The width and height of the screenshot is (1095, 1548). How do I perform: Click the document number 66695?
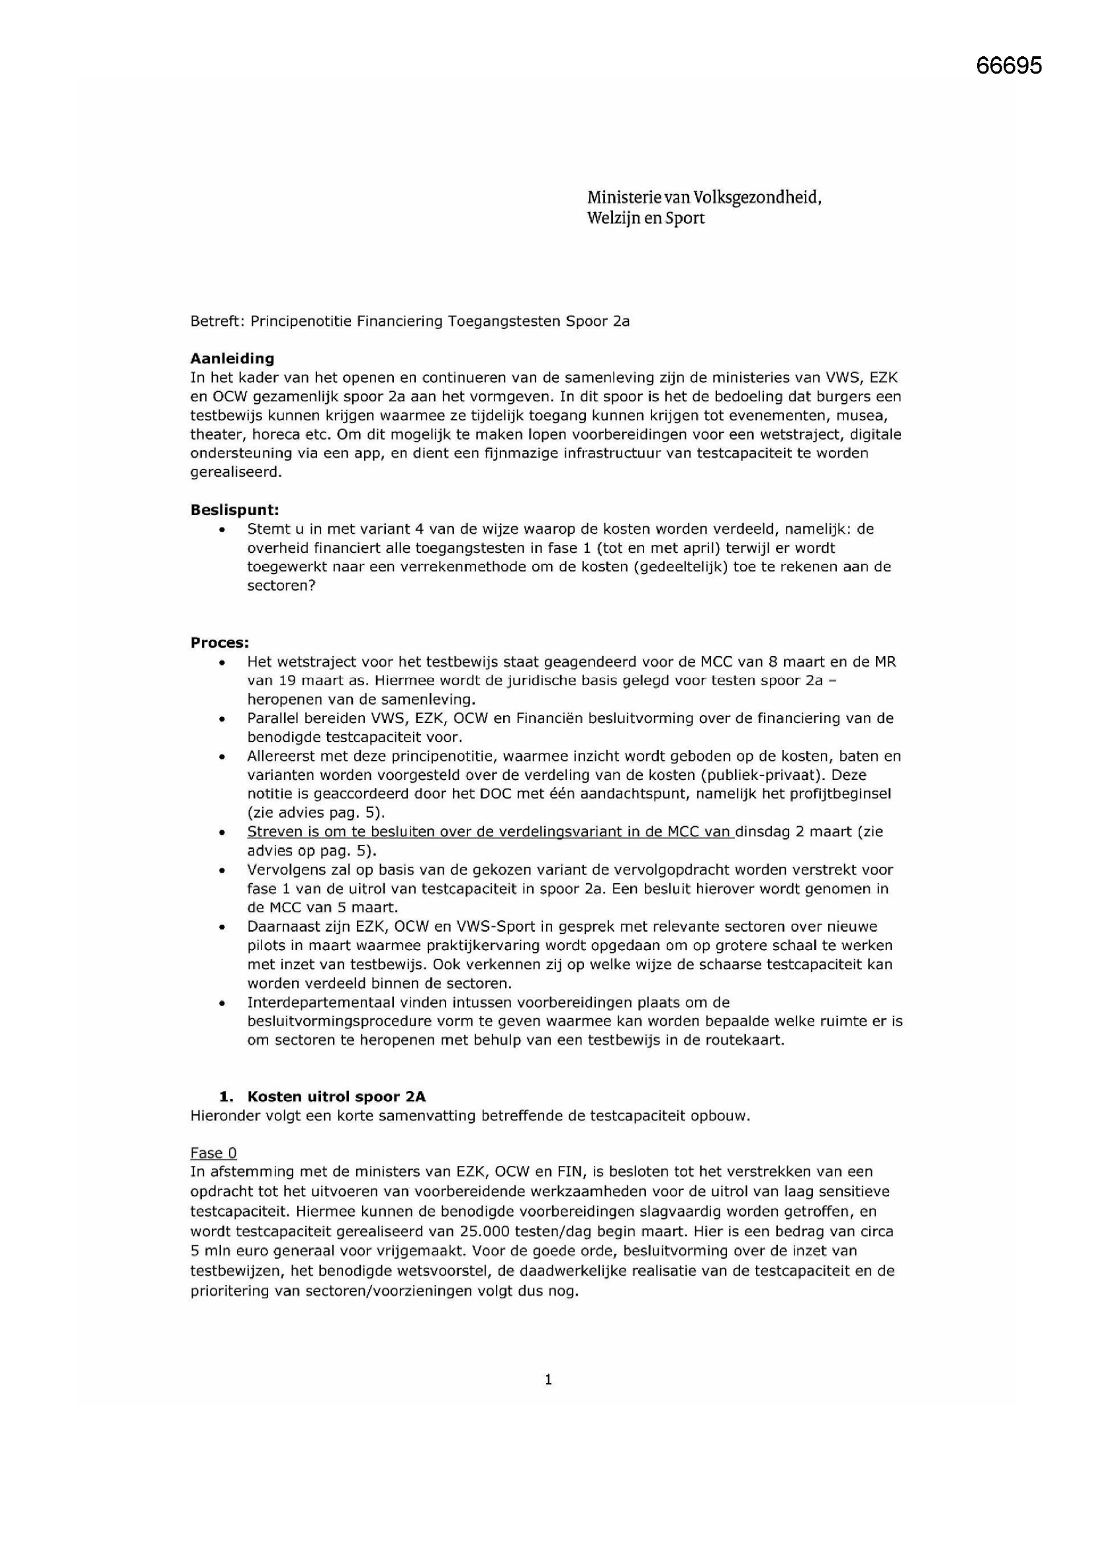pos(1008,66)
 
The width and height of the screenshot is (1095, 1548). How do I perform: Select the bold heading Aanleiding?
pos(232,358)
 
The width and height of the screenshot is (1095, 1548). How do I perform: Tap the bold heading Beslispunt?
pos(234,510)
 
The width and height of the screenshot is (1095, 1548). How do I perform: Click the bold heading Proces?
pos(219,642)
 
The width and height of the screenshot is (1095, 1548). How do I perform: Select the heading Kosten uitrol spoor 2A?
pos(336,1097)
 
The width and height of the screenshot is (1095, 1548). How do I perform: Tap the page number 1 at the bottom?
pos(547,1379)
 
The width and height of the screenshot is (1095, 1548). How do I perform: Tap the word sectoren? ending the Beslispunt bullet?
pos(281,585)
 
